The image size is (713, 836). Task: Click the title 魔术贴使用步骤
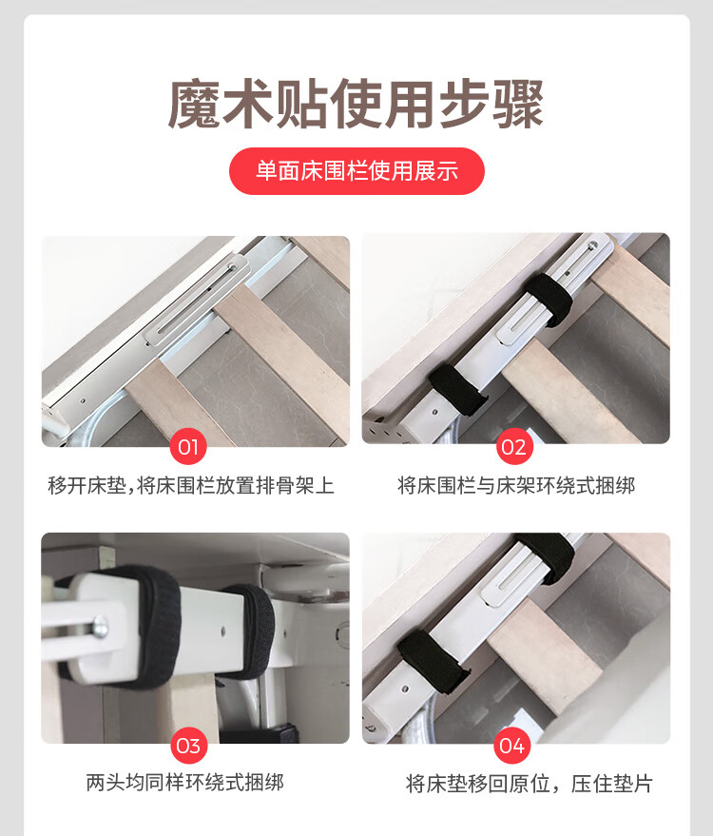356,104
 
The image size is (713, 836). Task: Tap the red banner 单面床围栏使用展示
356,171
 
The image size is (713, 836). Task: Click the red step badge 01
188,447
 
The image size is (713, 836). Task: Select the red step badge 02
513,447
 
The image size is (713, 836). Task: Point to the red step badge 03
188,746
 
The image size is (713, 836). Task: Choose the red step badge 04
511,746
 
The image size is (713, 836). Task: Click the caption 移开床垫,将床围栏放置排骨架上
191,486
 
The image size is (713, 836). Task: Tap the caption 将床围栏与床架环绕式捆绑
516,486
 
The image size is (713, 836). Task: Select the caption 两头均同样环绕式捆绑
185,782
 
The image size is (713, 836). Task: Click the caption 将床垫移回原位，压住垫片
529,784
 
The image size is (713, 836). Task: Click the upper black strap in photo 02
549,299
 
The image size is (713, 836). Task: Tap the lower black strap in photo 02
457,389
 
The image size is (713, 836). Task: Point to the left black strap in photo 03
155,627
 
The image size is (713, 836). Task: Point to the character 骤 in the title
518,104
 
